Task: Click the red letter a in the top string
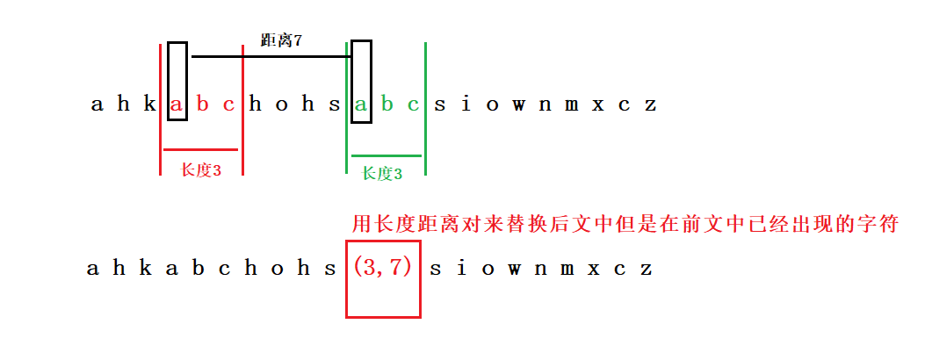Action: coord(177,105)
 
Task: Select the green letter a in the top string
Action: coord(360,105)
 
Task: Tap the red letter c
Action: coord(229,105)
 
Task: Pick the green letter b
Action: coord(387,105)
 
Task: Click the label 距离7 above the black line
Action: coord(282,40)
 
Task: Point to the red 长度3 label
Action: coord(201,170)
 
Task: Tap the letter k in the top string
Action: coord(149,105)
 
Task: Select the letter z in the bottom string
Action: coord(647,269)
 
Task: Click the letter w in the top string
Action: coord(518,105)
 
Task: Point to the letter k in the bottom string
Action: coord(145,269)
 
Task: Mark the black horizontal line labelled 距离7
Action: coord(271,57)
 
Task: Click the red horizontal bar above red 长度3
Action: coord(200,150)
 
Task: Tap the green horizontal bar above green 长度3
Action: coord(387,155)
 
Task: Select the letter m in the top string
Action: coord(571,105)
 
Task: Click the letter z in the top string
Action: coord(650,105)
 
